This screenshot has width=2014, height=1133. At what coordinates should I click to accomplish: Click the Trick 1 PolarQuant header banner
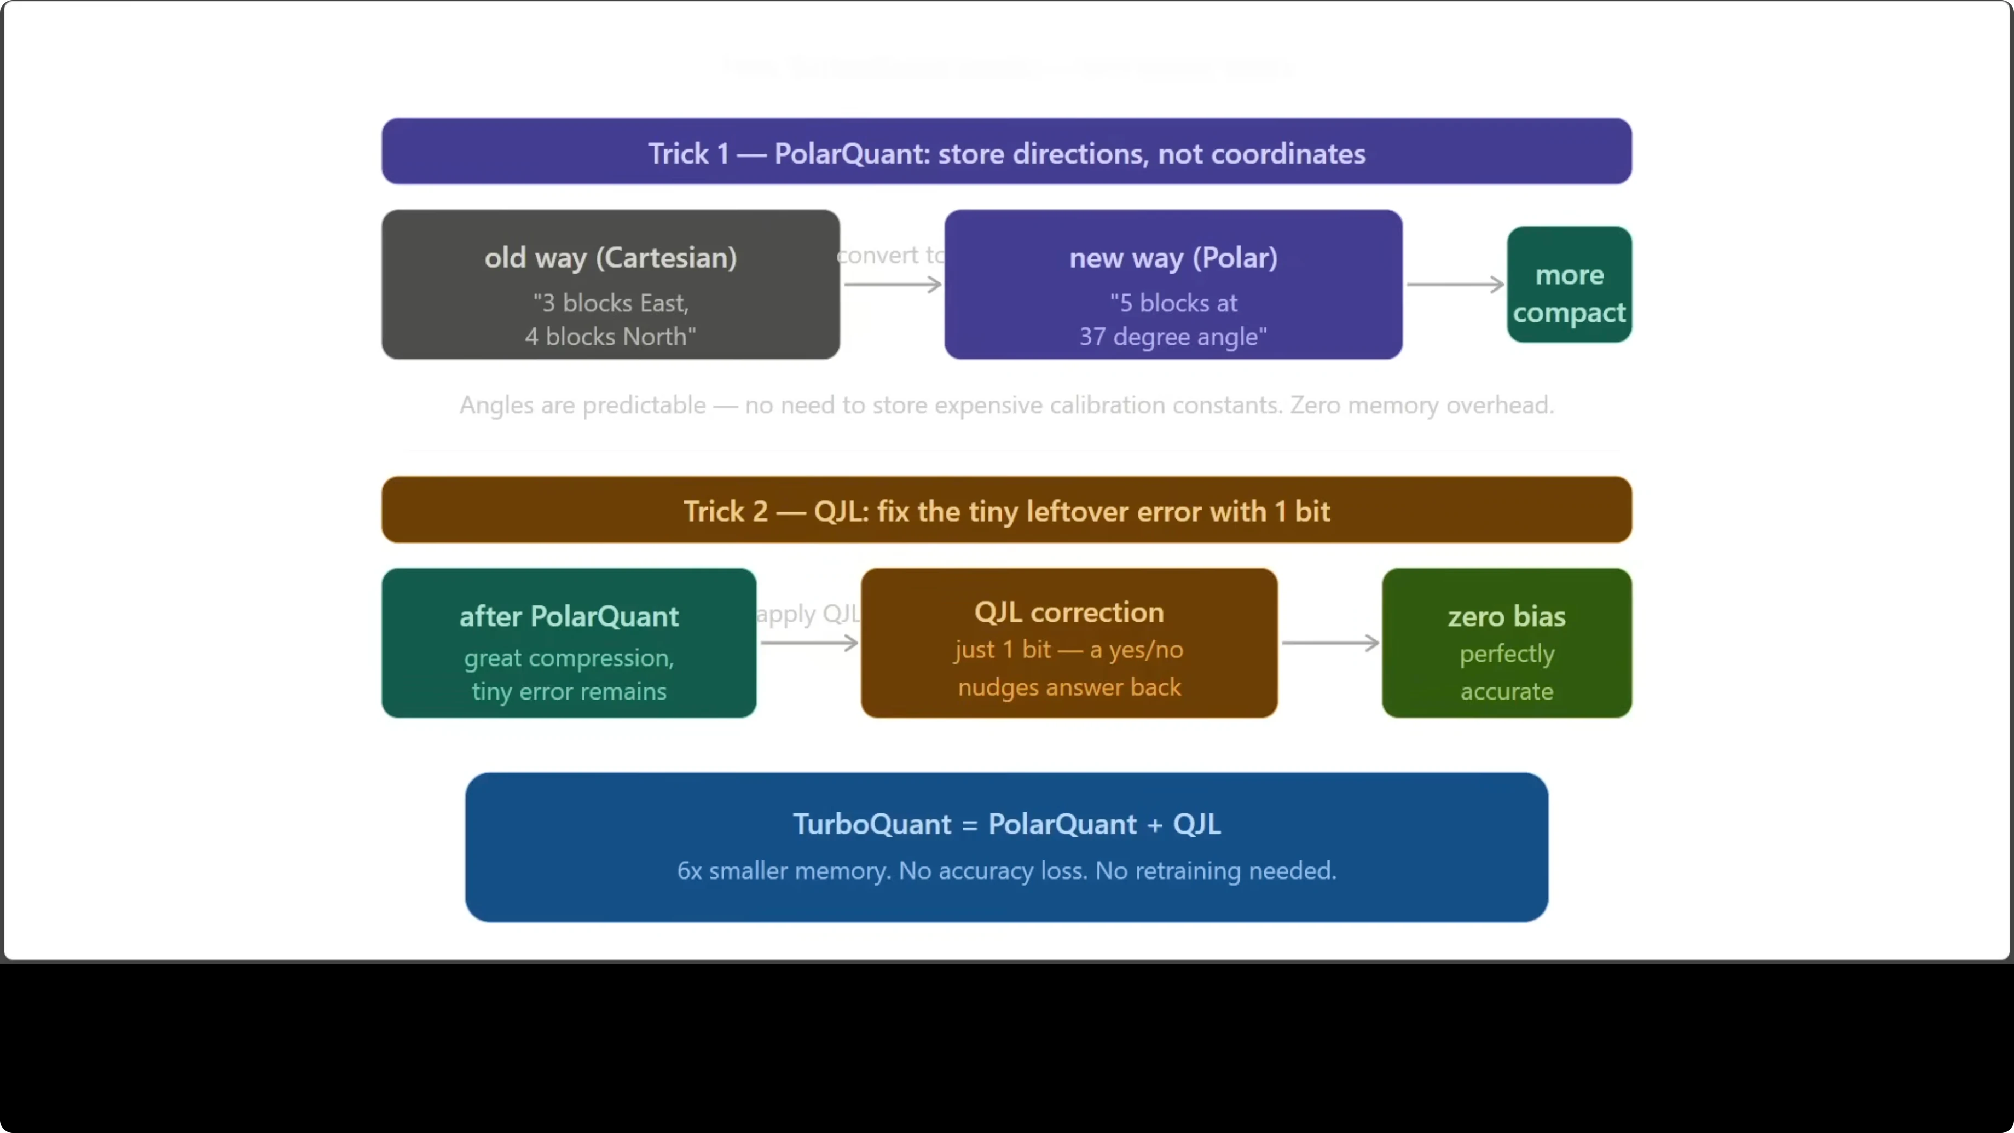[1006, 152]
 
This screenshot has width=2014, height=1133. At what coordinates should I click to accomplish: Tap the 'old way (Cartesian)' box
[610, 284]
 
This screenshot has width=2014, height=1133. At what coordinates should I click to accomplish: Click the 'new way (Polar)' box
[1173, 284]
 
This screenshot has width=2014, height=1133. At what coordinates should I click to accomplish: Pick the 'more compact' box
[1569, 285]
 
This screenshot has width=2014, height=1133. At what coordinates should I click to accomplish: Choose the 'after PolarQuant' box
[569, 643]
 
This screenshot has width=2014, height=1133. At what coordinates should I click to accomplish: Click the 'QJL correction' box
[1069, 643]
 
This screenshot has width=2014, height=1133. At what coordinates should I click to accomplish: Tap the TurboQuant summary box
[1006, 847]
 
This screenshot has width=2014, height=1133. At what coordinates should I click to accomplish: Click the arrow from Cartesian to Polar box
[892, 285]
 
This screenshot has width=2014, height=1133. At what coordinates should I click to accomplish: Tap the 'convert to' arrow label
[890, 255]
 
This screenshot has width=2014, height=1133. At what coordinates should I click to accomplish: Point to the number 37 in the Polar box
[1092, 337]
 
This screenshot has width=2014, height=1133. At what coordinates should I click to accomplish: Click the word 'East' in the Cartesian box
[662, 303]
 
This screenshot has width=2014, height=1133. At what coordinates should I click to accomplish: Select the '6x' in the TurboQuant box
[689, 871]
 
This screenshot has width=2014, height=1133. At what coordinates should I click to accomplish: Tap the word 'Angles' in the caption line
[496, 406]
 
